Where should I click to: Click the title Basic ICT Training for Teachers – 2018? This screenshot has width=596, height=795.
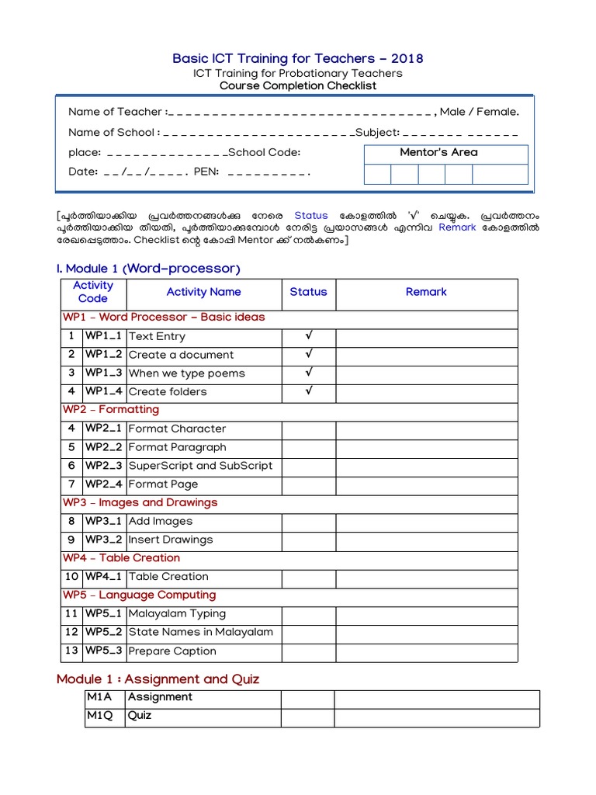click(298, 59)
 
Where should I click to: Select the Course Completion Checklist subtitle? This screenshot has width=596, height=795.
click(298, 85)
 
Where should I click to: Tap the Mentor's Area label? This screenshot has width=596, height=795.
click(438, 152)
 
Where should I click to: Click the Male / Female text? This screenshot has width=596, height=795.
click(479, 112)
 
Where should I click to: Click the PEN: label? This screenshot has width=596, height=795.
click(206, 172)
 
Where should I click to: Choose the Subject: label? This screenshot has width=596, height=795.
click(377, 132)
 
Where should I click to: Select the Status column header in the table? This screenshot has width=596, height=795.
click(308, 292)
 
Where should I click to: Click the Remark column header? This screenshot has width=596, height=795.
click(426, 292)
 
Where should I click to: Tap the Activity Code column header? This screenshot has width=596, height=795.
click(93, 292)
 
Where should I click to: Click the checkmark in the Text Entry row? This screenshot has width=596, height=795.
click(309, 336)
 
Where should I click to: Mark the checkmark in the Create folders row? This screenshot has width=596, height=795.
click(309, 391)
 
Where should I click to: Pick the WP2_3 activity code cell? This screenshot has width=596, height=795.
click(104, 466)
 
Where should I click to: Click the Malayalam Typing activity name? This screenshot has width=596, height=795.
click(177, 613)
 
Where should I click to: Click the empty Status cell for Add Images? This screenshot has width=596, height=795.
click(308, 521)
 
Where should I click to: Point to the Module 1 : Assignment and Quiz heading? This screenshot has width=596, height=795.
click(158, 679)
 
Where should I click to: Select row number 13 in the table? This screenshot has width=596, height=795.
click(71, 651)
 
